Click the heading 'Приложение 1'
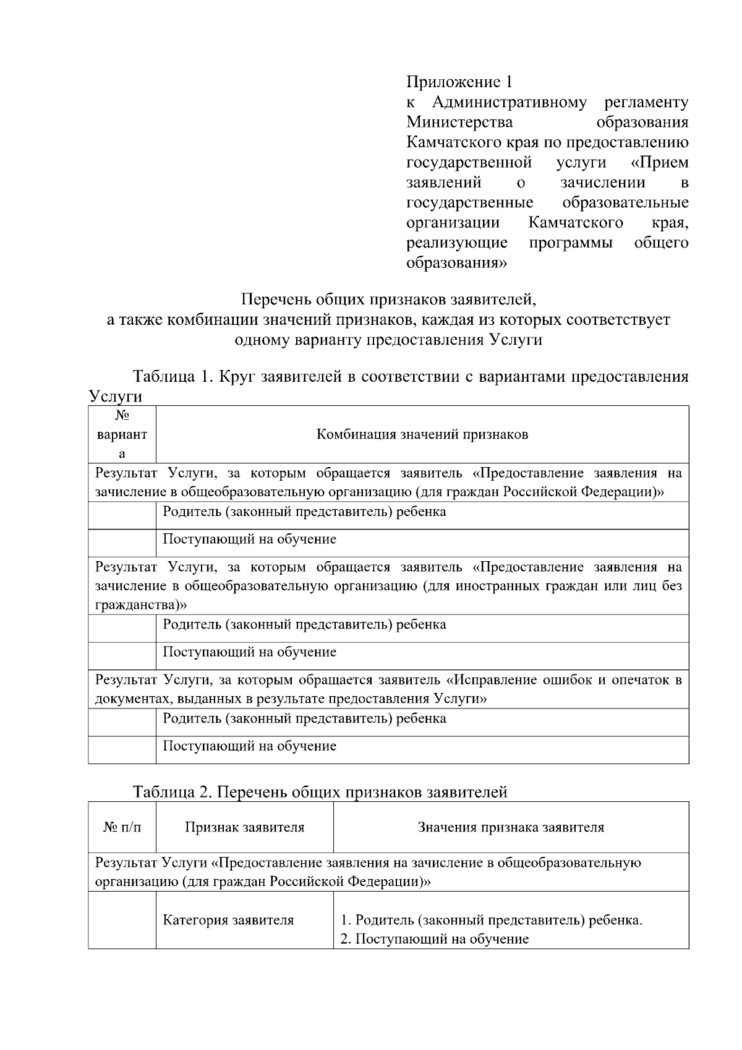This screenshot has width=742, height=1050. (x=459, y=82)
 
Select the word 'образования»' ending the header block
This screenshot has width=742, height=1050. (x=456, y=263)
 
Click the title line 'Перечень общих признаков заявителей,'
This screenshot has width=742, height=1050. (x=388, y=300)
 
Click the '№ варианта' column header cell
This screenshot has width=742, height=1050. (x=122, y=434)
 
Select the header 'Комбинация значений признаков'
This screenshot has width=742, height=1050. (x=422, y=434)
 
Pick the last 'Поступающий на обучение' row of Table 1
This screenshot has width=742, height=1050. (x=249, y=746)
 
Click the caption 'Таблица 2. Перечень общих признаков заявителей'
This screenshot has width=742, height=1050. (x=320, y=792)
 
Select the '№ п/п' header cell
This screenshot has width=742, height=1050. (x=122, y=827)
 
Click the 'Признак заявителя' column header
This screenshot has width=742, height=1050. (x=244, y=827)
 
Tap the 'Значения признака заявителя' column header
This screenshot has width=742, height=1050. (x=511, y=827)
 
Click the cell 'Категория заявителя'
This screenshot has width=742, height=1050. (x=228, y=920)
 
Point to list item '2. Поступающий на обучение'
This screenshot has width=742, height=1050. (x=435, y=939)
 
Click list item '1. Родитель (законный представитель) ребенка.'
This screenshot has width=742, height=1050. (x=492, y=920)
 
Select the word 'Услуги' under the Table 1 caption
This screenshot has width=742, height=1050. (x=115, y=396)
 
